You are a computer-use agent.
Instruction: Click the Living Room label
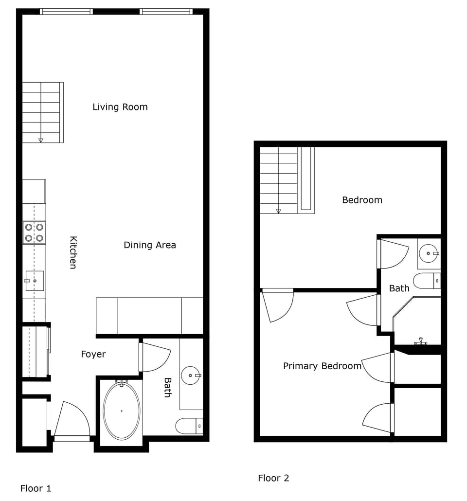pyautogui.click(x=120, y=107)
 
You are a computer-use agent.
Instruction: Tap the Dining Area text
pyautogui.click(x=149, y=245)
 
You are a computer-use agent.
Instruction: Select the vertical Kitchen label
pyautogui.click(x=73, y=252)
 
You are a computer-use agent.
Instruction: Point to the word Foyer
pyautogui.click(x=93, y=355)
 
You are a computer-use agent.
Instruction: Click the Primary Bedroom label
pyautogui.click(x=322, y=366)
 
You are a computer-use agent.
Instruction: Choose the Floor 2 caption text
pyautogui.click(x=273, y=478)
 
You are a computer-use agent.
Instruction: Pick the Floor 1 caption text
pyautogui.click(x=36, y=488)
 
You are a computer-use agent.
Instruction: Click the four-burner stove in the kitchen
pyautogui.click(x=34, y=233)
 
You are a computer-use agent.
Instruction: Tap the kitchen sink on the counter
pyautogui.click(x=34, y=281)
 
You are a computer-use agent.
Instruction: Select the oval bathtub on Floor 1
pyautogui.click(x=121, y=411)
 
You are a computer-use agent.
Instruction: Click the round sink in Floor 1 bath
pyautogui.click(x=190, y=375)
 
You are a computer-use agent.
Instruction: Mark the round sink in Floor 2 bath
pyautogui.click(x=429, y=253)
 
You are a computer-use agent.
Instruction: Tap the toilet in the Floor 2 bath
pyautogui.click(x=427, y=281)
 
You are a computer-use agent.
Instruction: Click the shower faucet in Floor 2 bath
pyautogui.click(x=421, y=342)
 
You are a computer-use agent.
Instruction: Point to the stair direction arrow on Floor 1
pyautogui.click(x=41, y=140)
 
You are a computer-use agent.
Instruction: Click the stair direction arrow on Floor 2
pyautogui.click(x=279, y=211)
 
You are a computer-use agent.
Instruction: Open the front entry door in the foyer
pyautogui.click(x=72, y=421)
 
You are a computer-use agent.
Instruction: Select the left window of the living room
pyautogui.click(x=66, y=12)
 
